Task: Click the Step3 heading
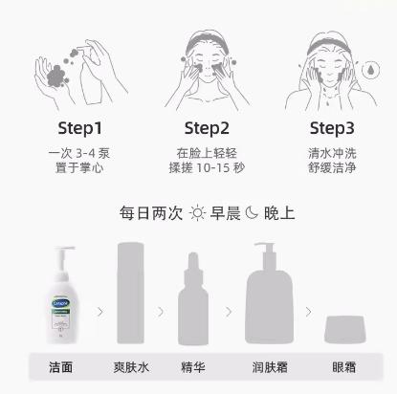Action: pos(332,128)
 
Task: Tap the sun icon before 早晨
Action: pos(197,213)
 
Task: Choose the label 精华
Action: pos(193,366)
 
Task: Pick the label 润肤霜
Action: pos(269,366)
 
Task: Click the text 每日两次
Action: pos(148,213)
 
